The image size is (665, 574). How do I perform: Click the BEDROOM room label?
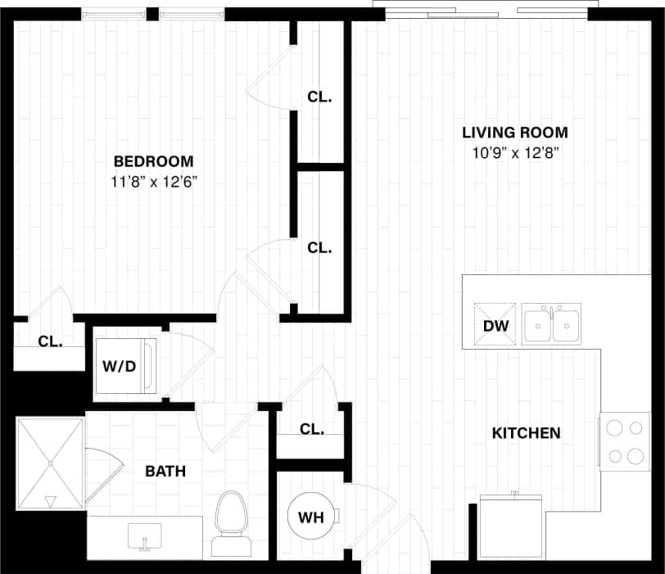[x=153, y=160]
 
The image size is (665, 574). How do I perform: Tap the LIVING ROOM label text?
[x=514, y=133]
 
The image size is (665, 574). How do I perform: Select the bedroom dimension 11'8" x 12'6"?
[x=153, y=182]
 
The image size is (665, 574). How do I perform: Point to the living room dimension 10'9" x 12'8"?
[x=514, y=153]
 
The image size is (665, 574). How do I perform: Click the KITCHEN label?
[x=526, y=433]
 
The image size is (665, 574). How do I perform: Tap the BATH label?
[x=165, y=472]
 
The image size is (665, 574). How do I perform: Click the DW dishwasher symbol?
[x=496, y=325]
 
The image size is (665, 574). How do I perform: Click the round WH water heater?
[x=310, y=518]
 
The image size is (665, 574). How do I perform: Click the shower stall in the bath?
[x=50, y=463]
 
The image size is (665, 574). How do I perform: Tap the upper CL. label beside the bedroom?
[x=319, y=97]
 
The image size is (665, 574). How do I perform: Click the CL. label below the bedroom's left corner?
[x=50, y=342]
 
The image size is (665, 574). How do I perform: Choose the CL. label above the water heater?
[x=311, y=429]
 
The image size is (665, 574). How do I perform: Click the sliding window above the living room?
[x=481, y=11]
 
